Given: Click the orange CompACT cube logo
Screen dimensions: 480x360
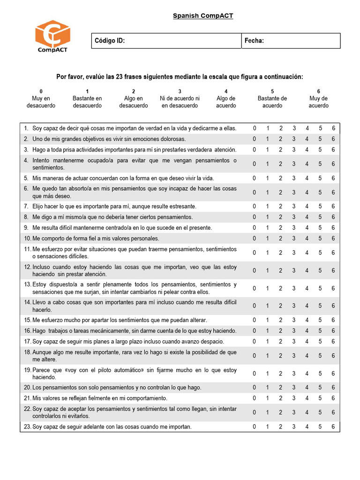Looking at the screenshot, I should click(52, 34).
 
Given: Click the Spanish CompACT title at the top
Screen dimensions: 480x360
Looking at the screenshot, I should click(202, 16).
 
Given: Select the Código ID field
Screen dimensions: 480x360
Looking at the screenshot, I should click(166, 41).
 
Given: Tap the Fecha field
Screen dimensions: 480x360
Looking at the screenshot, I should click(291, 41).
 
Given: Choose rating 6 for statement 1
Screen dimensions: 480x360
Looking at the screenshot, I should click(333, 128).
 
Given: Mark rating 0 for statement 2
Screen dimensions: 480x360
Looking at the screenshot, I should click(255, 139).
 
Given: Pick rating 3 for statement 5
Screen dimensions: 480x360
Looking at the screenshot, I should click(294, 178).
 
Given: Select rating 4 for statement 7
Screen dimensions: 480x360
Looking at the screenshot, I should click(307, 206).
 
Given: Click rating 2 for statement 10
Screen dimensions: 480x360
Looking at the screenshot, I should click(281, 239).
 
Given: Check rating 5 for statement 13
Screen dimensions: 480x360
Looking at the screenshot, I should click(320, 288).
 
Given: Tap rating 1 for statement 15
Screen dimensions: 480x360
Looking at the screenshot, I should click(268, 320).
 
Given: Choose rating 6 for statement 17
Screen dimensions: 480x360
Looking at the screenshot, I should click(333, 341).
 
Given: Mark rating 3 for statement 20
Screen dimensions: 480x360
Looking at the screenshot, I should click(294, 388).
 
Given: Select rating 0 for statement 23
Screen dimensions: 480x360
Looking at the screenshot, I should click(255, 427).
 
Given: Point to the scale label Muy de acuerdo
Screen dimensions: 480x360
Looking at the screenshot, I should click(318, 102).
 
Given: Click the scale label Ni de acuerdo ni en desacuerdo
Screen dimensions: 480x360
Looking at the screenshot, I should click(180, 102).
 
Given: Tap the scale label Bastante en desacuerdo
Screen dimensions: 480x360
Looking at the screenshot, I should click(87, 102).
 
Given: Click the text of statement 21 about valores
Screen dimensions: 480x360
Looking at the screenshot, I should click(99, 398).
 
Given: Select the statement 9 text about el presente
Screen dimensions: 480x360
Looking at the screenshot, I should click(122, 228).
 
